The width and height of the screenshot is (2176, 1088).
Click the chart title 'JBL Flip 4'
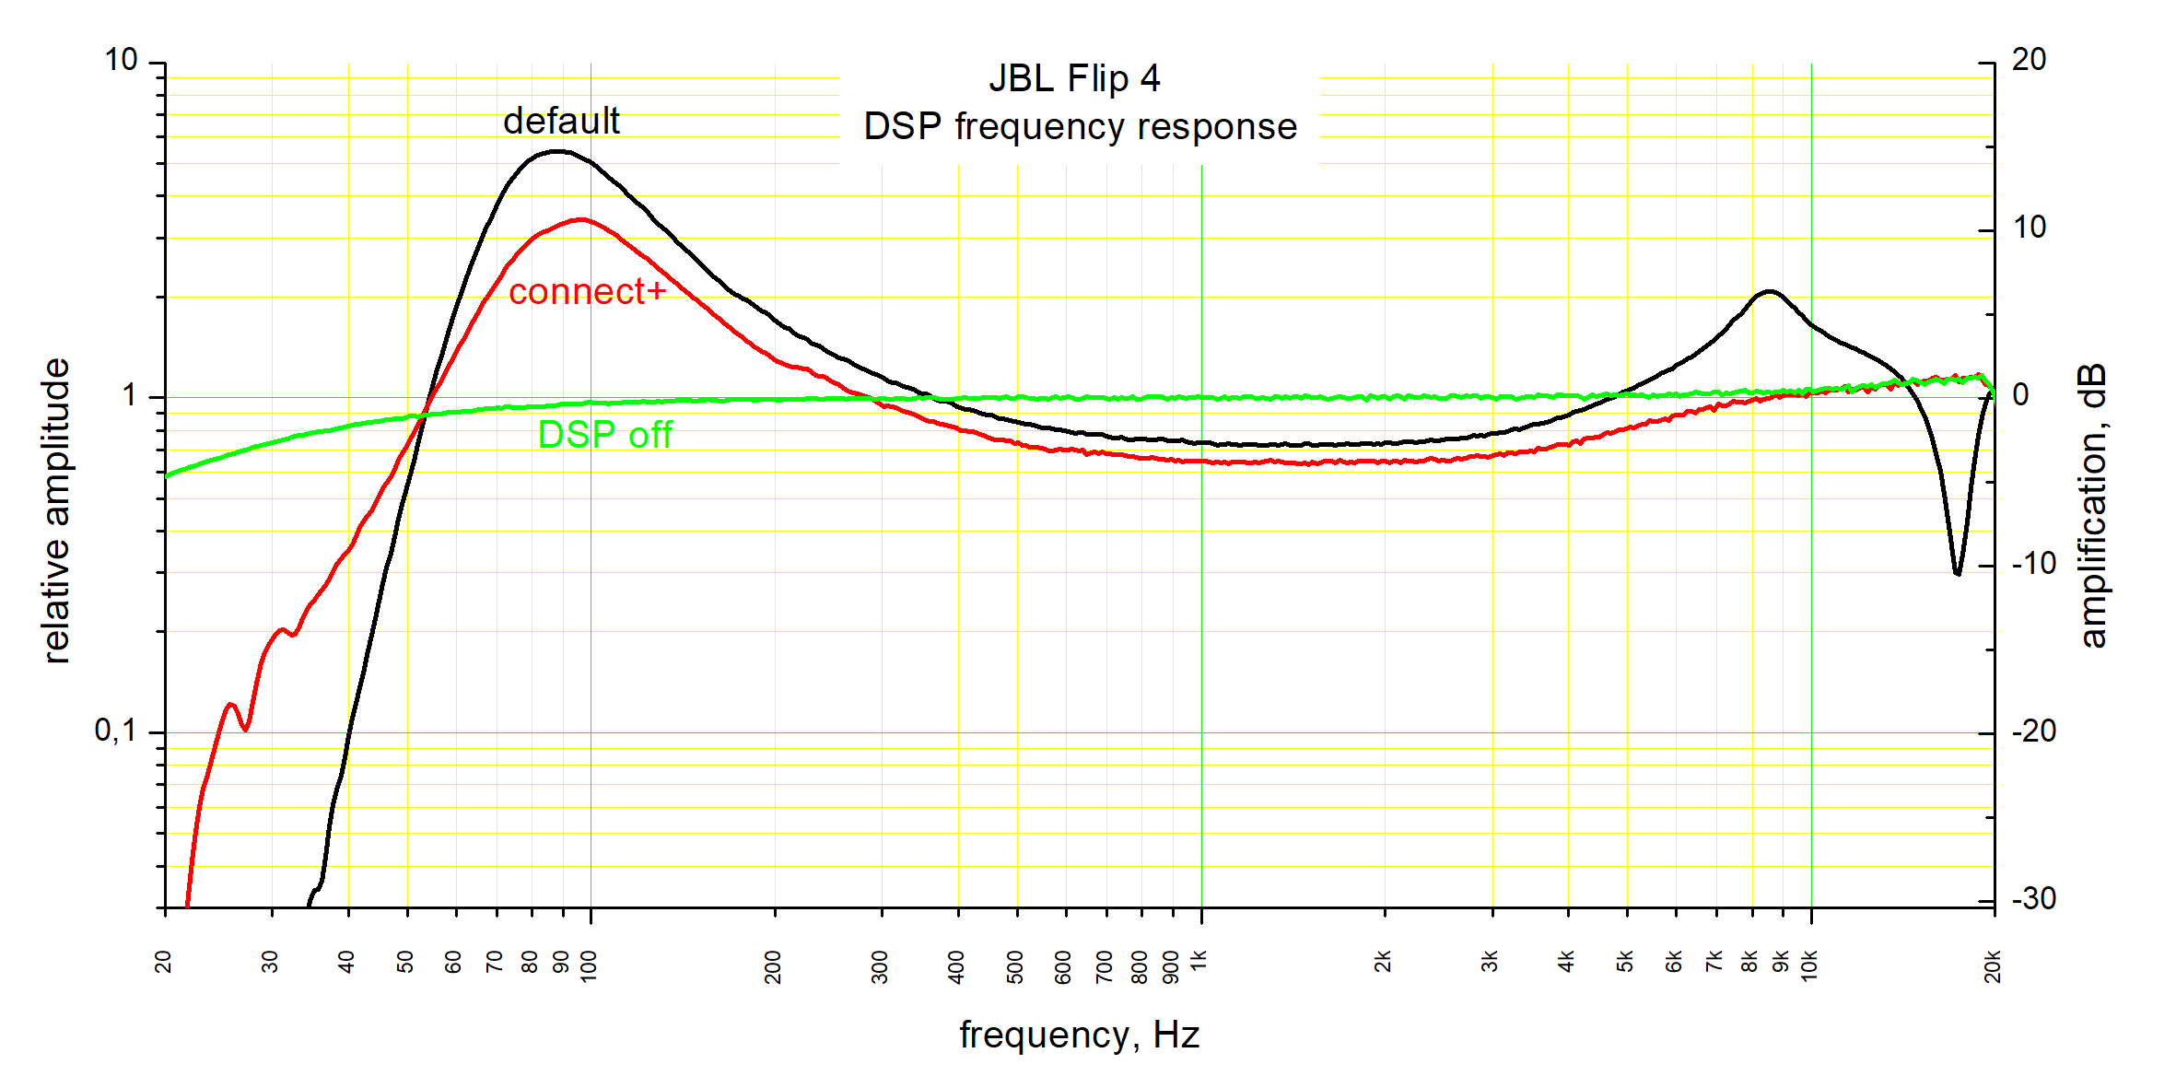(x=1074, y=78)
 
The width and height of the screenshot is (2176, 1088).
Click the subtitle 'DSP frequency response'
(x=1080, y=127)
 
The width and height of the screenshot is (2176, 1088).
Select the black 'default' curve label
(x=561, y=121)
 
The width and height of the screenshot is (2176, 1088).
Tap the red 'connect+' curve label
(x=587, y=291)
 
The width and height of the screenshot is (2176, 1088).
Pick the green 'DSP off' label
(x=604, y=435)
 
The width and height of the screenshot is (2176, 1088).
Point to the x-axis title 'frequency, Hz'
(x=1079, y=1035)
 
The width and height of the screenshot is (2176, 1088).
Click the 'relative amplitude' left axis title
(x=57, y=511)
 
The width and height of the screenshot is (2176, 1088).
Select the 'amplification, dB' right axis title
(x=2092, y=506)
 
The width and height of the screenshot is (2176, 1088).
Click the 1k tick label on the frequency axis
(x=1199, y=961)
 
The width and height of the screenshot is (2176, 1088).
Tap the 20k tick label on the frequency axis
(x=1993, y=966)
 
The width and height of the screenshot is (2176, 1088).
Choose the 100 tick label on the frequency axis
(x=589, y=966)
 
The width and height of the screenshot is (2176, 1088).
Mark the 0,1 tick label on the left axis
(x=115, y=731)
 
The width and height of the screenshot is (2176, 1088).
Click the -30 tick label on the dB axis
(x=2033, y=898)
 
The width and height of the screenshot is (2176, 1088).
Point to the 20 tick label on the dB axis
(x=2029, y=60)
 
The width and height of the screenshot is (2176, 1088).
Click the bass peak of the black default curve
(x=556, y=151)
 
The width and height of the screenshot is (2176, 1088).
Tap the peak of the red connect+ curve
(x=580, y=219)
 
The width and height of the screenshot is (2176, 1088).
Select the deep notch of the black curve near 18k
(x=1957, y=573)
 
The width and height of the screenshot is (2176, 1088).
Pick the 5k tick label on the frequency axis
(x=1624, y=961)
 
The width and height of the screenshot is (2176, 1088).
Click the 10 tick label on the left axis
(x=121, y=60)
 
